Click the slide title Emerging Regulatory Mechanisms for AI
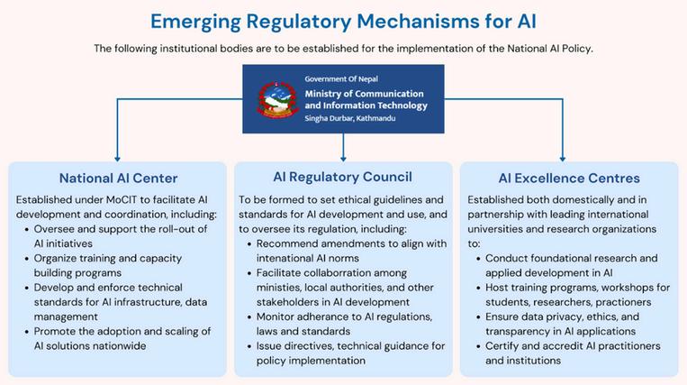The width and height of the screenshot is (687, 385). point(343,20)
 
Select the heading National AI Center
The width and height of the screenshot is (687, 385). point(118,178)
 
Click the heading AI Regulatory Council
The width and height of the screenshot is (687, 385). point(342,176)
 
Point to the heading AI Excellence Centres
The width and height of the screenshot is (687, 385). point(568,178)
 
